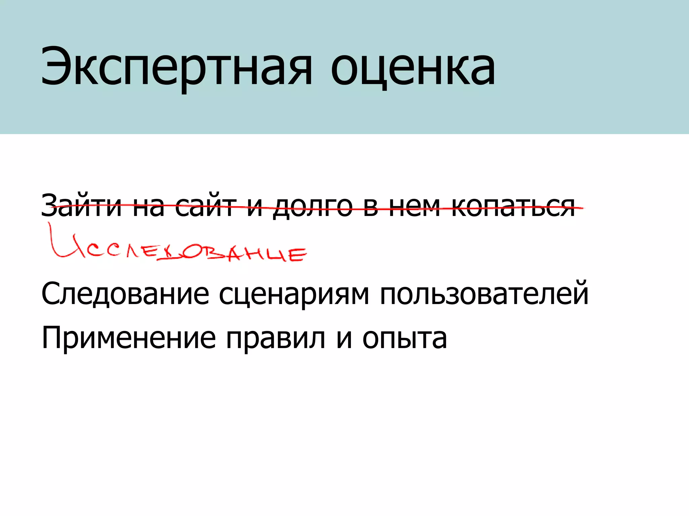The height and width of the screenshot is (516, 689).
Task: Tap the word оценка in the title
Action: click(413, 67)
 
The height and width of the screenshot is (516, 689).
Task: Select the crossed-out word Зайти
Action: click(81, 205)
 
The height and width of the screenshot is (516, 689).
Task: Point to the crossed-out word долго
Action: click(313, 206)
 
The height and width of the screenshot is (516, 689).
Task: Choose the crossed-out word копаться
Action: click(513, 206)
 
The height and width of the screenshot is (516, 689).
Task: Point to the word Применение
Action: click(128, 339)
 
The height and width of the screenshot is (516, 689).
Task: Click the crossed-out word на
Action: click(148, 206)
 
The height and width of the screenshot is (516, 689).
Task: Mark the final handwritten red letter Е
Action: click(297, 254)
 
